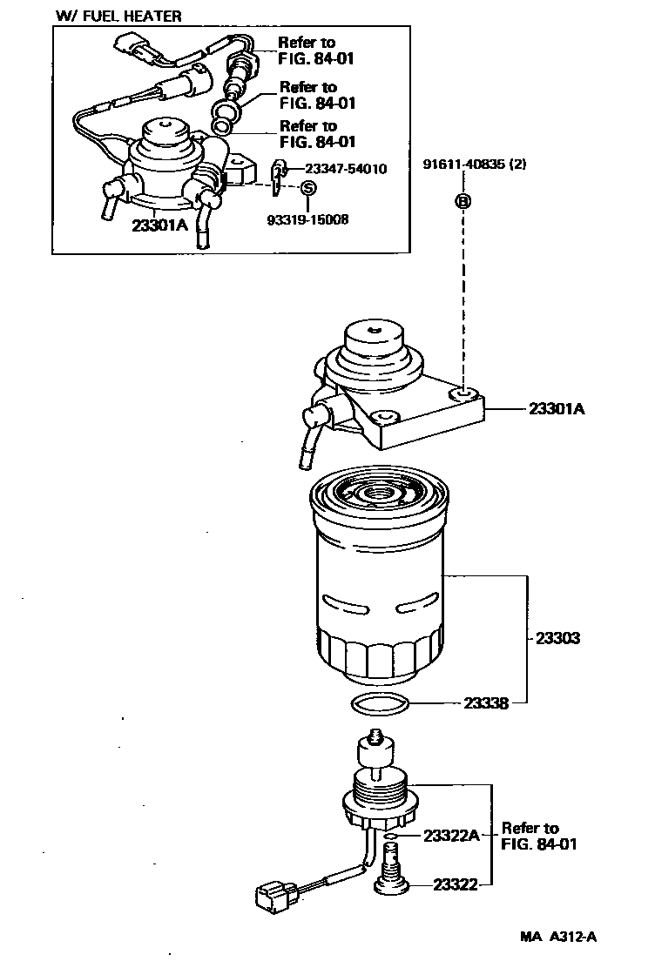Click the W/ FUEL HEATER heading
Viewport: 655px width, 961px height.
point(118,16)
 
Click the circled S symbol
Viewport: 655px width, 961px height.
point(307,188)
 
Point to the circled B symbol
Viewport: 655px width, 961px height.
point(463,201)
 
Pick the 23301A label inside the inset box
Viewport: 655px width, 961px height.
point(159,224)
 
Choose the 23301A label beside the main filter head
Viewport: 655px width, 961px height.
point(556,407)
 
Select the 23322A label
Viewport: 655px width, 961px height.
point(451,837)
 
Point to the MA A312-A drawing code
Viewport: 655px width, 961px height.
point(557,937)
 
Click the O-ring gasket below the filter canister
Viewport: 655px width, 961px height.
point(380,703)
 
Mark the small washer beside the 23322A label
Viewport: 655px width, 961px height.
point(393,837)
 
